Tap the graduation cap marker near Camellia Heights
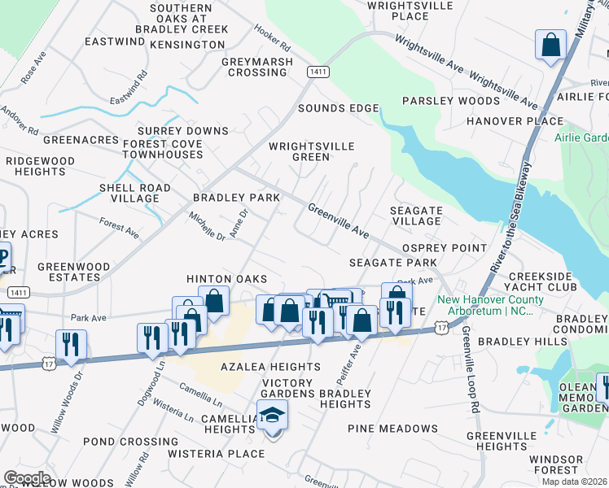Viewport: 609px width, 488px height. [273, 416]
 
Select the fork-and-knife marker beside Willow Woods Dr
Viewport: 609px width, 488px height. [71, 345]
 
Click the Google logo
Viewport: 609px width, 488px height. [27, 477]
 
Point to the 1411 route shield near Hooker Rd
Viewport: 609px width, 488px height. [318, 72]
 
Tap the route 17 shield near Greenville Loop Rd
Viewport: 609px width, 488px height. [441, 326]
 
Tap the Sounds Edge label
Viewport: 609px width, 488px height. [338, 108]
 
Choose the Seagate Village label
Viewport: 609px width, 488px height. [415, 216]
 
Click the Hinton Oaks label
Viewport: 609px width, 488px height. [226, 278]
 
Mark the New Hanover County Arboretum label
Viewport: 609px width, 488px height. [485, 305]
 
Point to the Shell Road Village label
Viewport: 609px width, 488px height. [134, 193]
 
